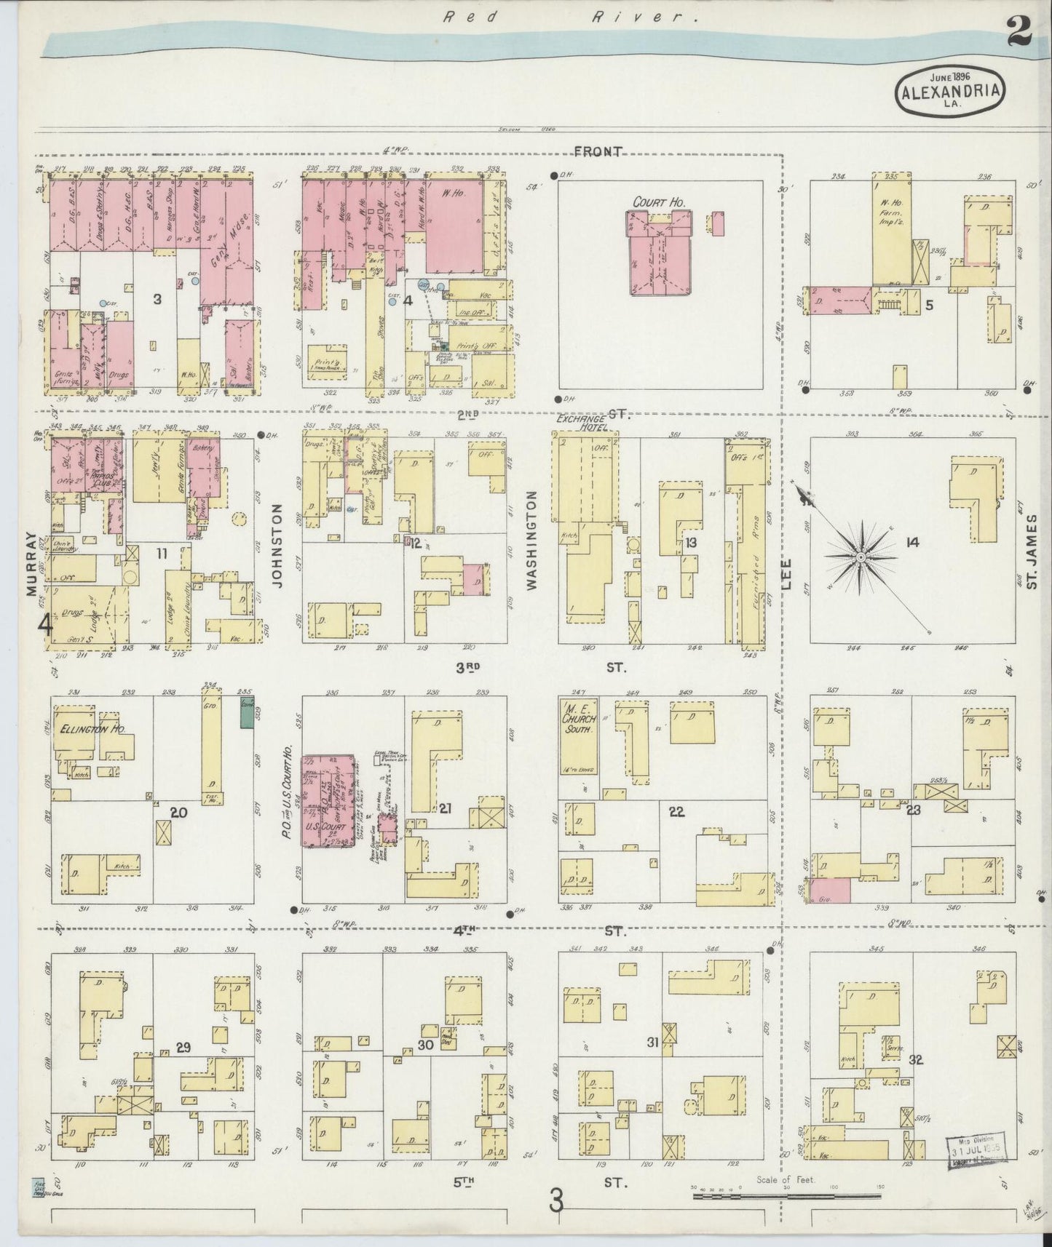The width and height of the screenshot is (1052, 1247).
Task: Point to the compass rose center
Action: click(x=861, y=557)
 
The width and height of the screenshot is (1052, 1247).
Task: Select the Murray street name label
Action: click(x=31, y=564)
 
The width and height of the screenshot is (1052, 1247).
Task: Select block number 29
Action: click(x=183, y=1048)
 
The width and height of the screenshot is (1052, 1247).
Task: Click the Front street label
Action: click(x=598, y=151)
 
